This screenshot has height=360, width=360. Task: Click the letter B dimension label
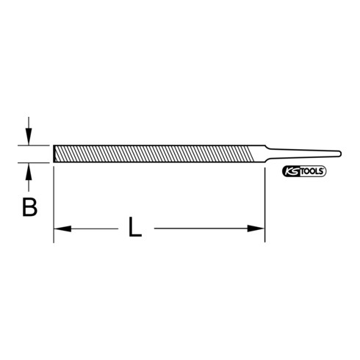click(x=29, y=208)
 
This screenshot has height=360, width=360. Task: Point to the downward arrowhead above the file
click(x=29, y=137)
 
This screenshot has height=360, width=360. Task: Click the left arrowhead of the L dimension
click(x=61, y=229)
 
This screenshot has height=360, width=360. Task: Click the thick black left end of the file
click(x=54, y=154)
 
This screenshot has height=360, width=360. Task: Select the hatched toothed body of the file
click(x=154, y=154)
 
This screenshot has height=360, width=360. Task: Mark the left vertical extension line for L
click(x=54, y=206)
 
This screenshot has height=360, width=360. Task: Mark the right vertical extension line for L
click(x=264, y=206)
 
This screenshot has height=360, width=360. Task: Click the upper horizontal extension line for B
click(x=37, y=145)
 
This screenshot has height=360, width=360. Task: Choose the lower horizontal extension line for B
click(x=37, y=162)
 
